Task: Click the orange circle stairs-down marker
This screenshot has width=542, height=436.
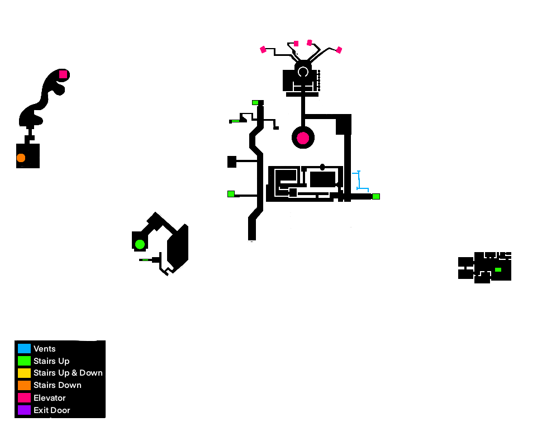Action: pyautogui.click(x=21, y=158)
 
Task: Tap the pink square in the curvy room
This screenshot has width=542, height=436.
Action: pyautogui.click(x=63, y=74)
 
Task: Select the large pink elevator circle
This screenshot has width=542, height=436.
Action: pyautogui.click(x=303, y=138)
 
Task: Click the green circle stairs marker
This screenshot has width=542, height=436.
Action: pyautogui.click(x=140, y=244)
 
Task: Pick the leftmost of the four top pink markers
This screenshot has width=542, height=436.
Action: pyautogui.click(x=263, y=50)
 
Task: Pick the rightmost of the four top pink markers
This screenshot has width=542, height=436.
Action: pyautogui.click(x=339, y=50)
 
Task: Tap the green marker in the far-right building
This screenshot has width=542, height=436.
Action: pyautogui.click(x=498, y=269)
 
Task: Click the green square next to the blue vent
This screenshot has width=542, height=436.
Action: pyautogui.click(x=376, y=196)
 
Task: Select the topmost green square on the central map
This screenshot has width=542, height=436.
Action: pyautogui.click(x=255, y=103)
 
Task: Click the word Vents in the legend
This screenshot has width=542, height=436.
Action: pyautogui.click(x=45, y=349)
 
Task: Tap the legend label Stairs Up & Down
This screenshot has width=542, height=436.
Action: pyautogui.click(x=68, y=373)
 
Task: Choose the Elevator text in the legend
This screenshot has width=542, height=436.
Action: pyautogui.click(x=50, y=398)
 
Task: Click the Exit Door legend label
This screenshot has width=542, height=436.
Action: pyautogui.click(x=52, y=410)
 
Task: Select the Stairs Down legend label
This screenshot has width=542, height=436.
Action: pyautogui.click(x=58, y=385)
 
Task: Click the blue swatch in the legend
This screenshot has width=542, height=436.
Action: pyautogui.click(x=24, y=349)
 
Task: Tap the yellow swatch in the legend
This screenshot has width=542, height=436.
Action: pyautogui.click(x=24, y=373)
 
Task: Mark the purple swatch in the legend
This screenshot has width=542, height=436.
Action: pyautogui.click(x=24, y=410)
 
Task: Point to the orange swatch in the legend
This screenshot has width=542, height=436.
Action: pyautogui.click(x=24, y=385)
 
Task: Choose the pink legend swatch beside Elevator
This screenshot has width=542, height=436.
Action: pyautogui.click(x=24, y=398)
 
